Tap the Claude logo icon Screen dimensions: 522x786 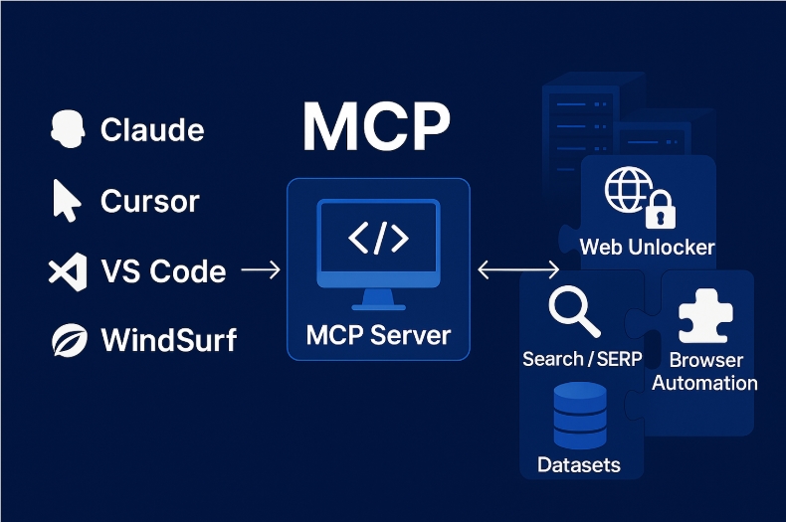coord(67,129)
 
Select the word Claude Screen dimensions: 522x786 coord(152,129)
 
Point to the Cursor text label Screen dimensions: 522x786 coord(150,201)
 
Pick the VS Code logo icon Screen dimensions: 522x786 coord(67,271)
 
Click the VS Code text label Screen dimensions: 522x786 coord(163,271)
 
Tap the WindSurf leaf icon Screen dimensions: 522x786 coord(67,341)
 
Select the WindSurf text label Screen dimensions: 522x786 coord(169,341)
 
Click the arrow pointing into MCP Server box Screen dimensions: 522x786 coord(261,269)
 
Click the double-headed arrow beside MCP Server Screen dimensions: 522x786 coord(518,269)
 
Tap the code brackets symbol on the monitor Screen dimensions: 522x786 coord(377,239)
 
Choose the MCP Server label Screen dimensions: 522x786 coord(378,334)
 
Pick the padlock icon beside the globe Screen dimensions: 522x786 coord(658,211)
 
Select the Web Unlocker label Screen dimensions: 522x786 coord(647,247)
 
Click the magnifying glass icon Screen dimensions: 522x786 coord(574,312)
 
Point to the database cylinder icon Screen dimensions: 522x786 coord(578,416)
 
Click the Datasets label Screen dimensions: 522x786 coord(578,464)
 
